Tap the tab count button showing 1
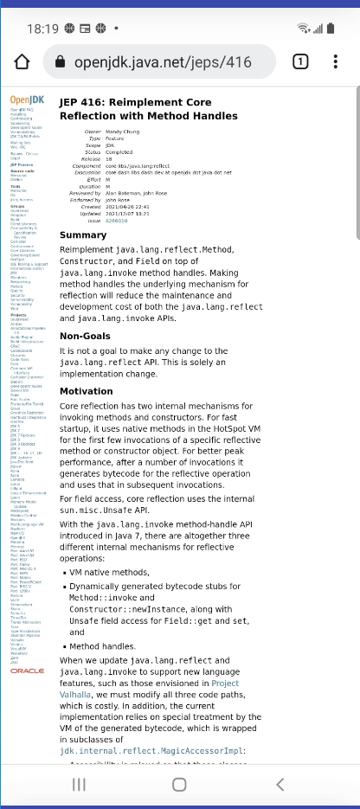pyautogui.click(x=300, y=62)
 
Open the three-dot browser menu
pyautogui.click(x=336, y=62)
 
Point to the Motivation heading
pyautogui.click(x=86, y=391)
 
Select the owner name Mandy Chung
pyautogui.click(x=126, y=131)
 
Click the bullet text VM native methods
pyautogui.click(x=110, y=572)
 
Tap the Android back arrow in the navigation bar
pyautogui.click(x=279, y=784)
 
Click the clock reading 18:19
pyautogui.click(x=42, y=29)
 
